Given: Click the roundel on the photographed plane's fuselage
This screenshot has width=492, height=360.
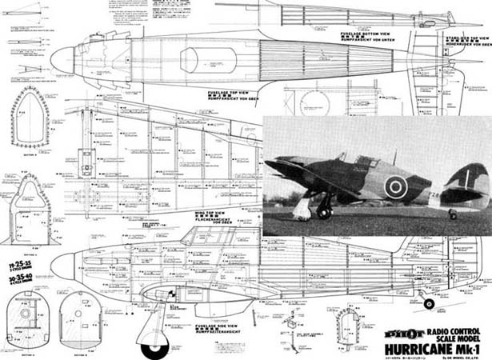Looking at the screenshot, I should point(395,187).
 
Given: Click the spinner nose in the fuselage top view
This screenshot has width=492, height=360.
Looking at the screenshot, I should point(62,58).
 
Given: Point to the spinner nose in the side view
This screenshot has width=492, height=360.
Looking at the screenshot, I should point(62,266).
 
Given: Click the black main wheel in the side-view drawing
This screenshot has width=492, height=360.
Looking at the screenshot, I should point(154,349).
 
